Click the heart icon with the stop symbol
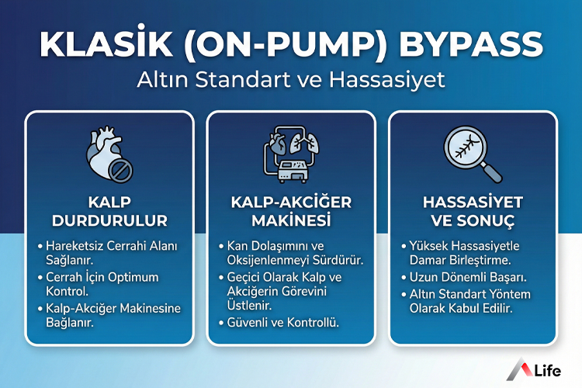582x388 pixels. click(x=109, y=152)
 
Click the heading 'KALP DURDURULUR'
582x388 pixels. click(x=109, y=211)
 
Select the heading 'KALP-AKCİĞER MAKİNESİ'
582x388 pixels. click(x=291, y=211)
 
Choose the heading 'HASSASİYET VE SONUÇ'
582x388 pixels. click(x=473, y=211)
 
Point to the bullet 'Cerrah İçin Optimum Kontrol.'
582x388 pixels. click(x=108, y=285)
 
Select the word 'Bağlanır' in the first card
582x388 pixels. click(x=69, y=323)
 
